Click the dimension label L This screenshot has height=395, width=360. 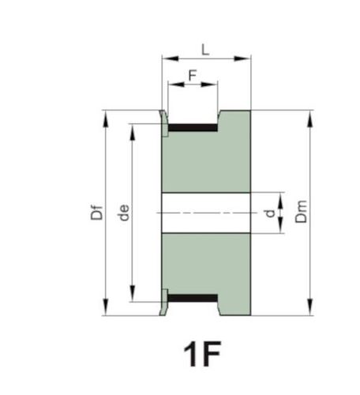205,50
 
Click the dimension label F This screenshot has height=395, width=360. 193,76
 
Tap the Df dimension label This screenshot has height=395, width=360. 96,212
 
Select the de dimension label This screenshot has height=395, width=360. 124,213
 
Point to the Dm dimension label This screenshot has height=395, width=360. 302,212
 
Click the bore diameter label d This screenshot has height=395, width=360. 270,213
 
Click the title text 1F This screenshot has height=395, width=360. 202,354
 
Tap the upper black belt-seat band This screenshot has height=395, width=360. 193,127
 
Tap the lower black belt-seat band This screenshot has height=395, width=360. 193,298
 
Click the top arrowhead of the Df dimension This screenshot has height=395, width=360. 106,119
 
